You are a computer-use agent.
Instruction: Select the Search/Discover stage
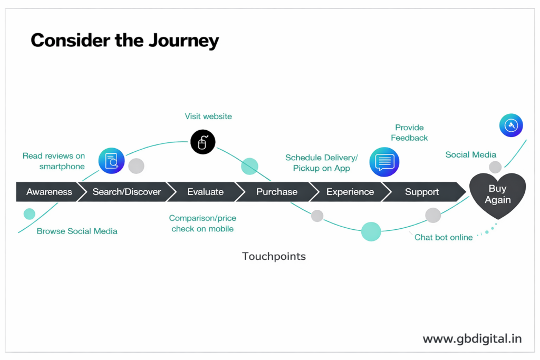tap(127, 192)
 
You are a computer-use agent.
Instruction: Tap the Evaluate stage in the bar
tap(205, 192)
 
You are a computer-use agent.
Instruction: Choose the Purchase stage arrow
tap(276, 192)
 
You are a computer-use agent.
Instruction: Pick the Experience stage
tap(350, 192)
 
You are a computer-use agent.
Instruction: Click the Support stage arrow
tap(421, 192)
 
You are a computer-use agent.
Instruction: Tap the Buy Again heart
tap(497, 194)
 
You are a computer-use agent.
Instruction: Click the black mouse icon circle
tap(202, 142)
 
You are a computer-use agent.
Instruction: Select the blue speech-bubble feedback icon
tap(384, 161)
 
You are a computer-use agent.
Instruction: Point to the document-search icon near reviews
tap(112, 161)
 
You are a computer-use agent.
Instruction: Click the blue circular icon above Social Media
tap(511, 125)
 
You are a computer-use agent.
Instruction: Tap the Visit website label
tap(208, 116)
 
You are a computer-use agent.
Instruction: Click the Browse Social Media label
tap(77, 231)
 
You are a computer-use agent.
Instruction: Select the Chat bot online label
tap(443, 238)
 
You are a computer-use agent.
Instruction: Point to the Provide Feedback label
tap(409, 133)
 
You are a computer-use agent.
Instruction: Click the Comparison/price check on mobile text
tap(202, 223)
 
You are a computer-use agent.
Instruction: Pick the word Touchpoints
tap(274, 257)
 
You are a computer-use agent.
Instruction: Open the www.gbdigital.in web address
tap(472, 339)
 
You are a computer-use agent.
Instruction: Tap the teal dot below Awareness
tap(30, 214)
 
